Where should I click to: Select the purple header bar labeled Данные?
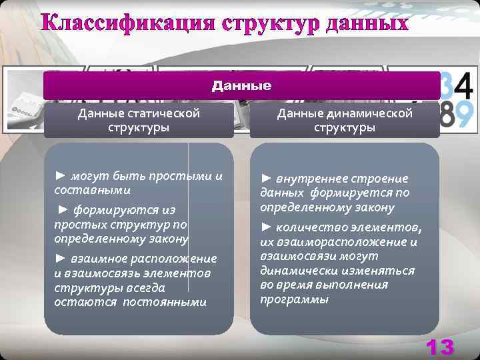pyautogui.click(x=241, y=86)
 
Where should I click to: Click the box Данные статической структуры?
pyautogui.click(x=139, y=120)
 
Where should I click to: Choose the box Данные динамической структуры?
pyautogui.click(x=345, y=120)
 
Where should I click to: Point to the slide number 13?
pyautogui.click(x=439, y=347)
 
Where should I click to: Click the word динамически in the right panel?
pyautogui.click(x=295, y=271)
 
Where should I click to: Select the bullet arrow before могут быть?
pyautogui.click(x=60, y=176)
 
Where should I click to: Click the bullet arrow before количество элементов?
pyautogui.click(x=265, y=229)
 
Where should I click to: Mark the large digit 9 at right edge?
pyautogui.click(x=465, y=115)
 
